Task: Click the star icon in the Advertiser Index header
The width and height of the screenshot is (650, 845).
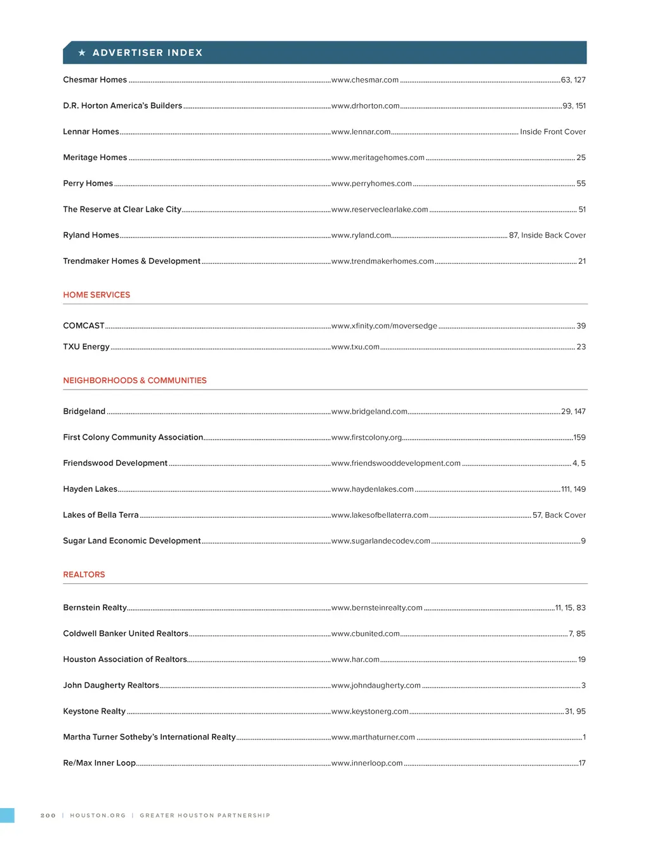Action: [x=82, y=53]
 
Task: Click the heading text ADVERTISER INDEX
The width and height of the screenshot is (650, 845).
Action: [x=147, y=53]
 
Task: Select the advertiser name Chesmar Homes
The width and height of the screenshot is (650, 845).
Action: [x=95, y=80]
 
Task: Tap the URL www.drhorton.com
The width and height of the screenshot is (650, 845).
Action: [x=365, y=106]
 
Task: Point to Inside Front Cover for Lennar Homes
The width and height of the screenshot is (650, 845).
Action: [x=552, y=132]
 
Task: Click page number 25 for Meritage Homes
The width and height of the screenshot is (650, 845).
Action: [x=581, y=158]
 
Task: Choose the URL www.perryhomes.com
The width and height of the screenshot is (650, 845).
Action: [x=371, y=184]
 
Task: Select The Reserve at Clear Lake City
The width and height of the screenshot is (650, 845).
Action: [x=122, y=210]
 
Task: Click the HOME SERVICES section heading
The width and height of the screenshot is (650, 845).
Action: [x=96, y=295]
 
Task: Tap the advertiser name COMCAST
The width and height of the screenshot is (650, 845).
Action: [x=83, y=326]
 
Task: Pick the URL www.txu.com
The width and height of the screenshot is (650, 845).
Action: [x=355, y=347]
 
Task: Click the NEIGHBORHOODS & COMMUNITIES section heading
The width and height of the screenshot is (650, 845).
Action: [x=135, y=381]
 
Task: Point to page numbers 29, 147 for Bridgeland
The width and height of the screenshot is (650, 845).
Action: [x=573, y=412]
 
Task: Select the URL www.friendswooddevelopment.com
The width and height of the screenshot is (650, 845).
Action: [x=395, y=463]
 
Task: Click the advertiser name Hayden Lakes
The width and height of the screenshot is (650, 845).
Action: [x=90, y=489]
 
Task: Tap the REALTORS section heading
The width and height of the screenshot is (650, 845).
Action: [x=84, y=574]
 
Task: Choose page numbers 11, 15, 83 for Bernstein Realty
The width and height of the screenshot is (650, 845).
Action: [x=570, y=608]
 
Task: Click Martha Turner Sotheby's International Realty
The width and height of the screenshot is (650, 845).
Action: [x=149, y=737]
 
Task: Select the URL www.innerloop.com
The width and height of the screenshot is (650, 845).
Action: [x=366, y=763]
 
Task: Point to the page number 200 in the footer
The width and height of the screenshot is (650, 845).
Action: [x=48, y=815]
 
